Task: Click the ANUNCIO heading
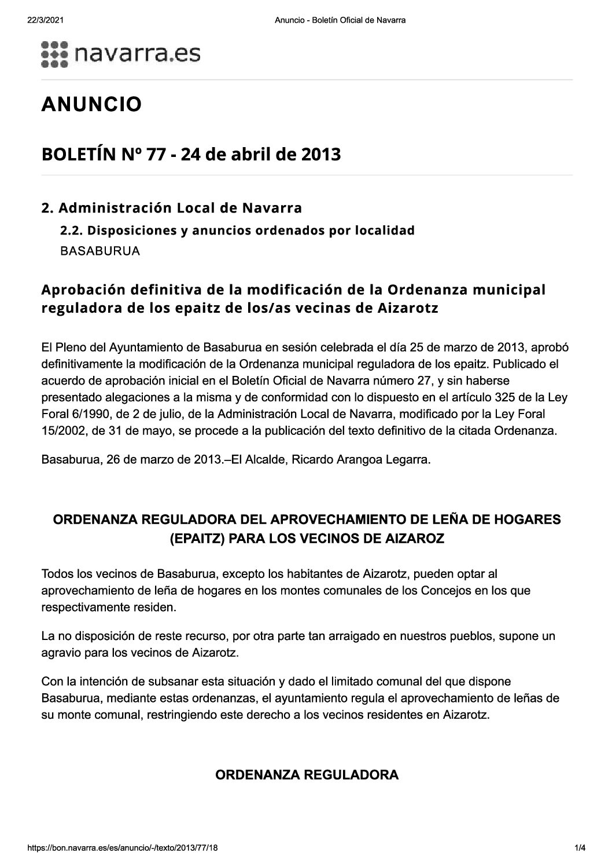(x=91, y=104)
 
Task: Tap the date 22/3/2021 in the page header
(x=45, y=20)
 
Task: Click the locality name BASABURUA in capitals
(x=100, y=252)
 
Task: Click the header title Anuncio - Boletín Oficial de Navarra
(x=340, y=20)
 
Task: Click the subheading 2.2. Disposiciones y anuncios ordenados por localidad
(x=238, y=231)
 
